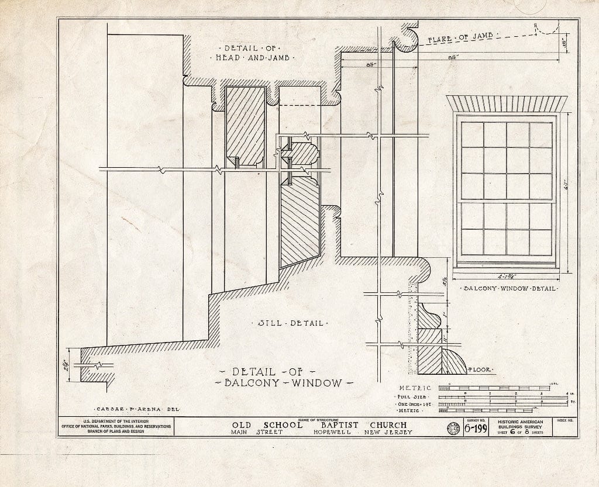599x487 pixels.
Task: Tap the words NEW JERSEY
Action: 388,433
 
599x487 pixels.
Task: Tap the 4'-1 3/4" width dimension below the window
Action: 507,278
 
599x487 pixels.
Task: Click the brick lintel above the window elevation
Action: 507,103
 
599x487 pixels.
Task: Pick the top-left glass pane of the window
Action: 473,134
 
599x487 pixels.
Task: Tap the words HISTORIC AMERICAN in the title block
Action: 520,422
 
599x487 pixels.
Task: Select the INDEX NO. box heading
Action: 565,421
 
